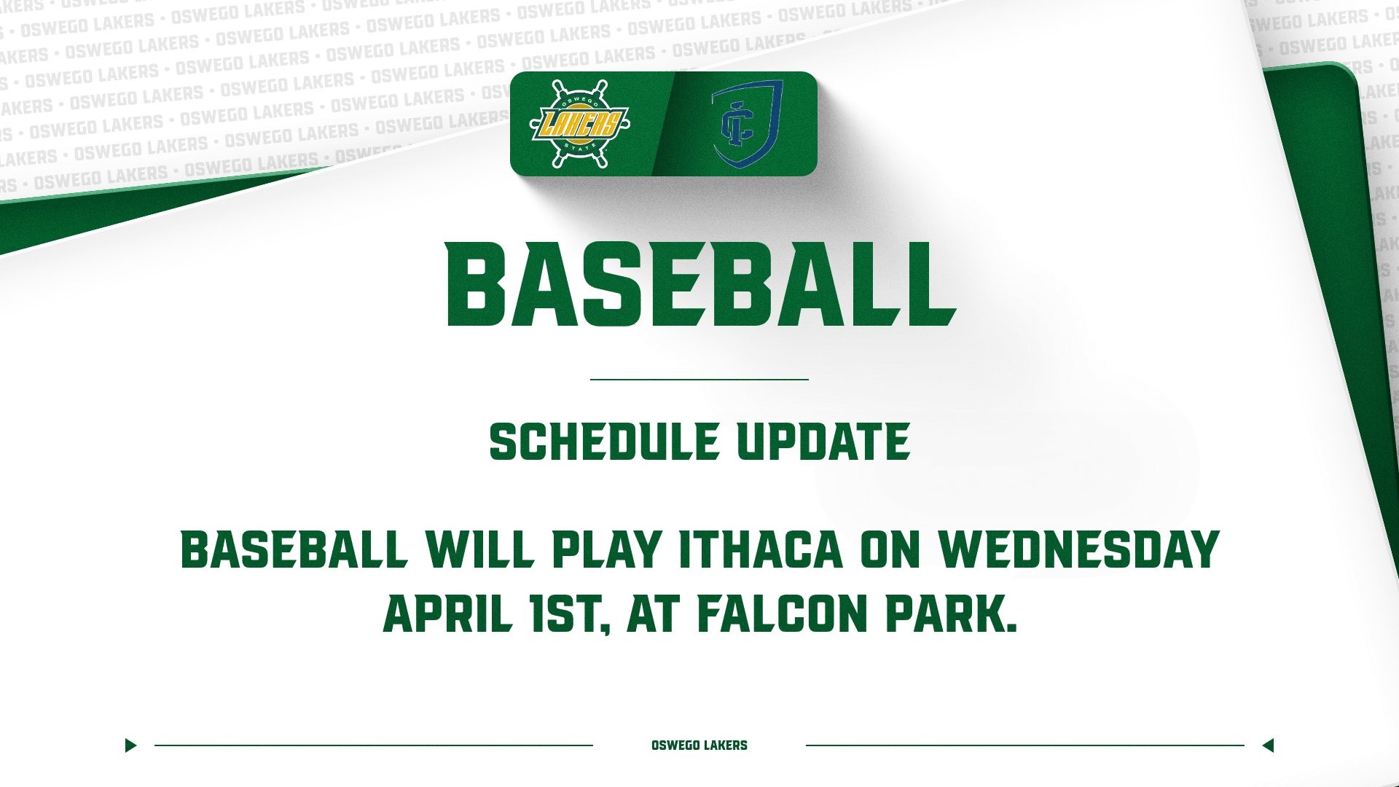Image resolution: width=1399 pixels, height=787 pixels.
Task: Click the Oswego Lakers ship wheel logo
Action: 579,124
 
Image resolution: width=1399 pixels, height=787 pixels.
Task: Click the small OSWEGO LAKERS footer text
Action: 699,745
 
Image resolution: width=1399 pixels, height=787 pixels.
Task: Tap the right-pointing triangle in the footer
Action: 130,745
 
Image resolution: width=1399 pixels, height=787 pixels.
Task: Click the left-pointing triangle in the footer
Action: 1268,745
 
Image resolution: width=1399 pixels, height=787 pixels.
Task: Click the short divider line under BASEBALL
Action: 699,380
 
